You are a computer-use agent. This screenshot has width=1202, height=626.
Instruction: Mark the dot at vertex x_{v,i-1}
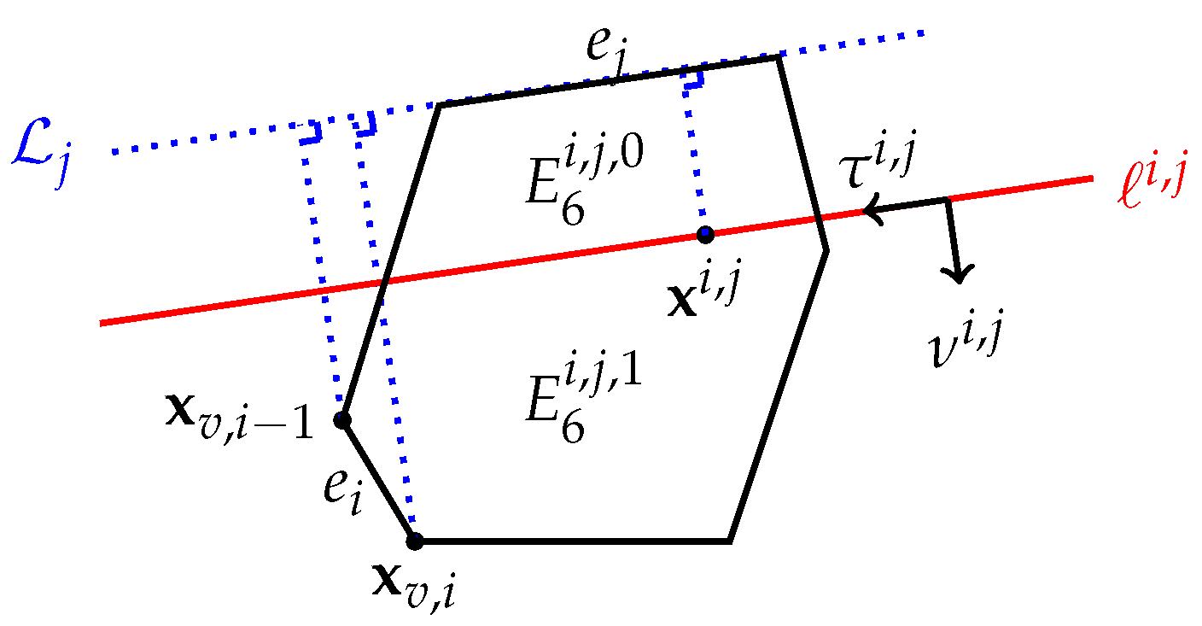pos(342,419)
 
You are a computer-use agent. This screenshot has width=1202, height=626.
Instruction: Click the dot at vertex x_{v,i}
pos(414,541)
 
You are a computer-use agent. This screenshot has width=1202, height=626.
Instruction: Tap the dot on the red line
pos(705,233)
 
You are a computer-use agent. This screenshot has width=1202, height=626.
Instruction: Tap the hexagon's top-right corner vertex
pos(779,57)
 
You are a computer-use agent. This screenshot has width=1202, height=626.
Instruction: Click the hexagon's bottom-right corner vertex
pos(729,541)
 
